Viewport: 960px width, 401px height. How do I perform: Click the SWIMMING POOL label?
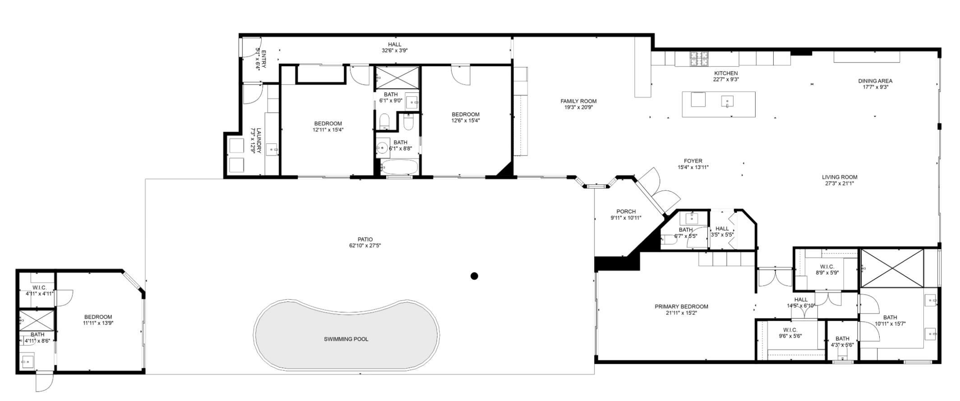point(346,339)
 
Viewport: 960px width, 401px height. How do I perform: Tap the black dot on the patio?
point(474,276)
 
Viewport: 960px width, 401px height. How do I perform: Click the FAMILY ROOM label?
point(578,101)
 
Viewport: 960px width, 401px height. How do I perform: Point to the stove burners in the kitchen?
point(698,58)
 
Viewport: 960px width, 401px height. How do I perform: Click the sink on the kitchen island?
point(727,101)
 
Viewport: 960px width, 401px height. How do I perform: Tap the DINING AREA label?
point(875,81)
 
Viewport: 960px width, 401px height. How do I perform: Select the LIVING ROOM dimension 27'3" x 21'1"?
point(839,183)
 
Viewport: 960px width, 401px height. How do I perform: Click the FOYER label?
point(693,161)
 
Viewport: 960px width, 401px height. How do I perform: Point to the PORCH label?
point(626,211)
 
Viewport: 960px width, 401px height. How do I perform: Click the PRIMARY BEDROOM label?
point(681,306)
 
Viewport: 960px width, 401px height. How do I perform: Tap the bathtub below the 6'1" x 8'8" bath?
point(400,167)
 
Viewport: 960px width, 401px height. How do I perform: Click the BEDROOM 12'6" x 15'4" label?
point(466,114)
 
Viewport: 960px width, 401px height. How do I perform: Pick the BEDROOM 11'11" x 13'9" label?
point(97,317)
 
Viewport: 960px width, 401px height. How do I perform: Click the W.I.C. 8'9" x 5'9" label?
point(827,267)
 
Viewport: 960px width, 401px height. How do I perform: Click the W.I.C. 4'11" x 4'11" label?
point(40,287)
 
